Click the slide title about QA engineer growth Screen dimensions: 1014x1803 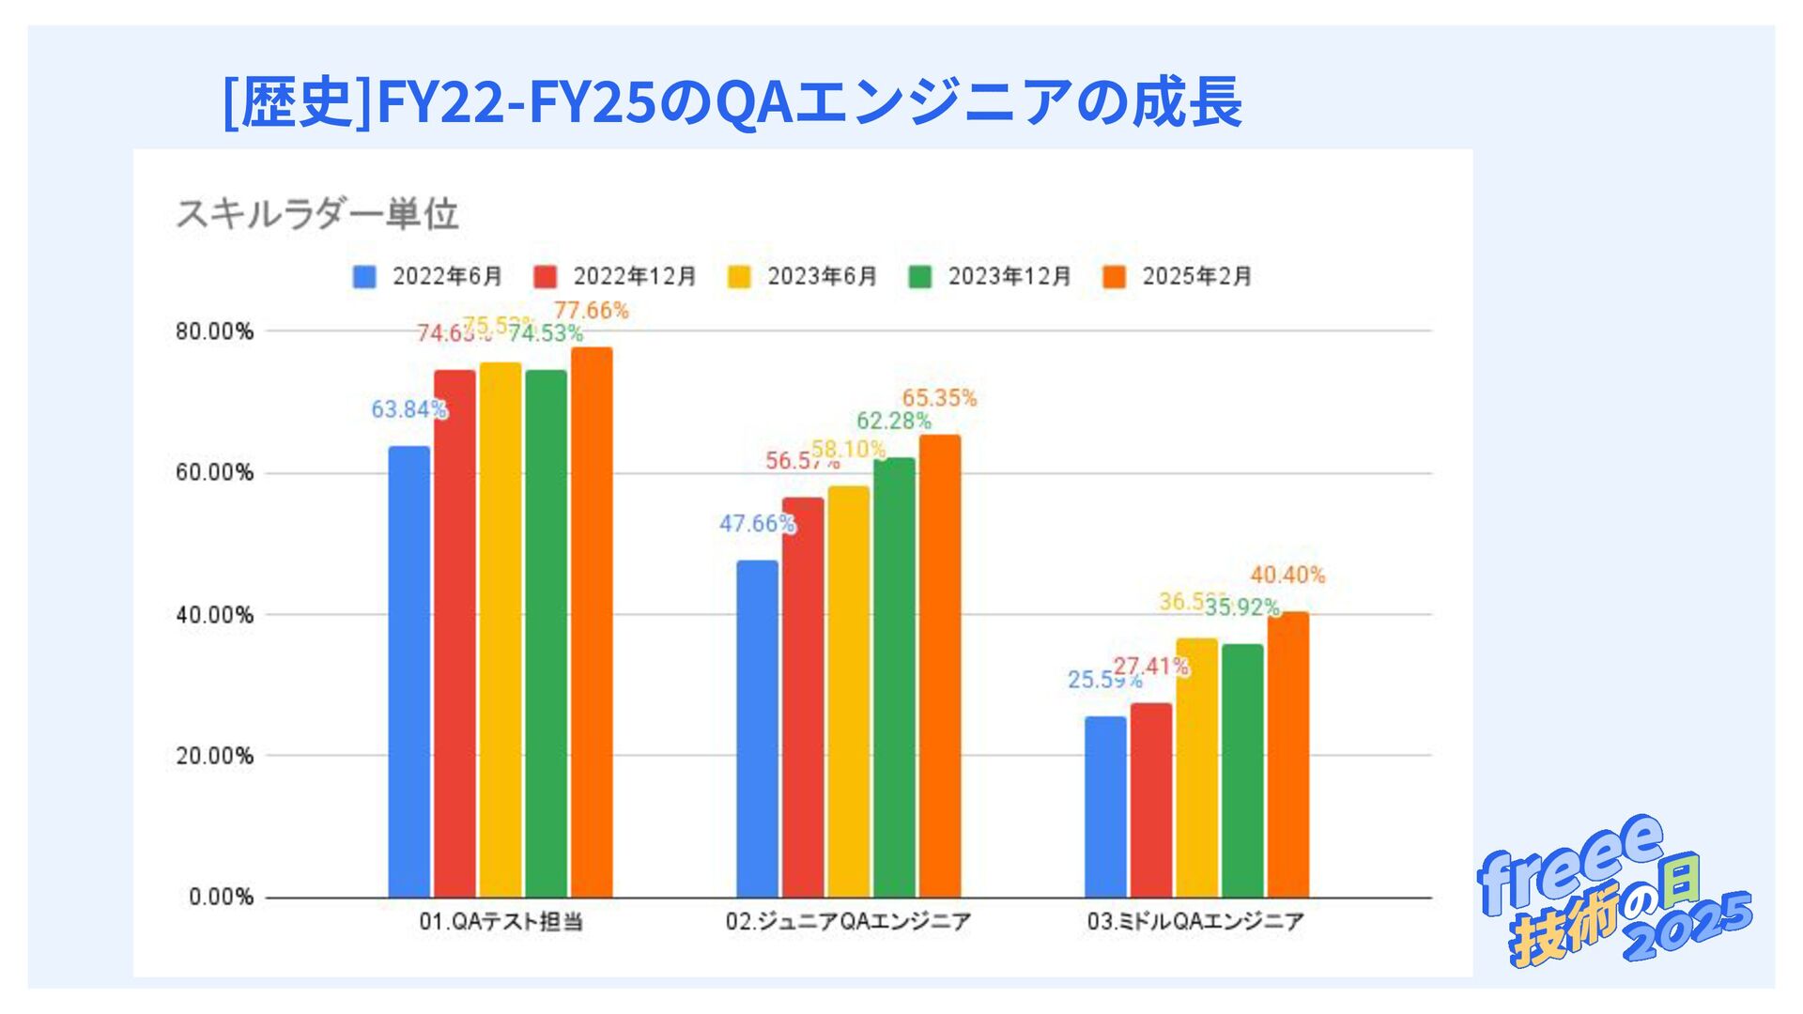pos(732,101)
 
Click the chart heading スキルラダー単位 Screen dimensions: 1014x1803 pos(317,214)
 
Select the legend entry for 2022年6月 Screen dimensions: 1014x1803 pos(428,277)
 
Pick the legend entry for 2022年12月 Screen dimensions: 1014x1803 pos(615,277)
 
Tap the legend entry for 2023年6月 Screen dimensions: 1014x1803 pos(803,277)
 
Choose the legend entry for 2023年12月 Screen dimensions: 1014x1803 pos(990,277)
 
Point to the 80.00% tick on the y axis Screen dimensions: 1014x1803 pos(214,331)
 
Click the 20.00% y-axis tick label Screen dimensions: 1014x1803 pos(214,756)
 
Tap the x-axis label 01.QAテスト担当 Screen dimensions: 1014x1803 pos(501,922)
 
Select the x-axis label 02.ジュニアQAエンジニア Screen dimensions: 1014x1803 pos(848,922)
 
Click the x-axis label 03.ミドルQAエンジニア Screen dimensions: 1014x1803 pos(1195,922)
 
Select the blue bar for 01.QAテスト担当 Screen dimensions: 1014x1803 pos(409,671)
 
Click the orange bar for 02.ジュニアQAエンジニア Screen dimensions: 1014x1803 pos(940,666)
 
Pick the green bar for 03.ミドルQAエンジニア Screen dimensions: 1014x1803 pos(1242,770)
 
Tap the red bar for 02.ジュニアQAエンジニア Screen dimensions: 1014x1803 pos(803,697)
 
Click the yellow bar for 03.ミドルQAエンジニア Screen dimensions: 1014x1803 pos(1196,768)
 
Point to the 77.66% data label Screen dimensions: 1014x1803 pos(591,311)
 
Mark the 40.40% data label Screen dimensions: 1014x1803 pos(1287,576)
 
